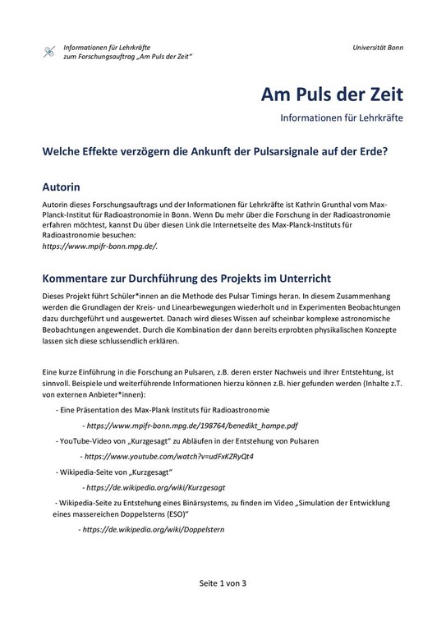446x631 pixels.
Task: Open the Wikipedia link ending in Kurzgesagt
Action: [x=160, y=486]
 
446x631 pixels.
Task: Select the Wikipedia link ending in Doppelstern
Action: [x=152, y=529]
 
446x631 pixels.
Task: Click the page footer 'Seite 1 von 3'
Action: [x=223, y=583]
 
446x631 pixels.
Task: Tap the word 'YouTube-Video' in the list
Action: [x=85, y=441]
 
